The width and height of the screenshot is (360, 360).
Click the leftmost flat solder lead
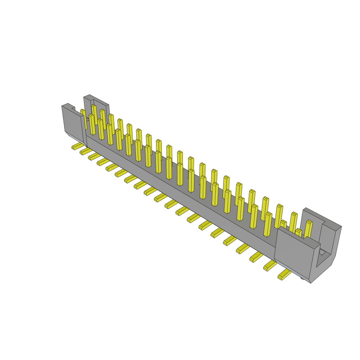(x=77, y=146)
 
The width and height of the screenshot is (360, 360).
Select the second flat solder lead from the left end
(x=85, y=151)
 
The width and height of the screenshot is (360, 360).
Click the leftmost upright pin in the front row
(x=92, y=124)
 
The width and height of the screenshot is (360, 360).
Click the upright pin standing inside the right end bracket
(x=308, y=229)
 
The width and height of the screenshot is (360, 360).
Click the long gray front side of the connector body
(x=176, y=190)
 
